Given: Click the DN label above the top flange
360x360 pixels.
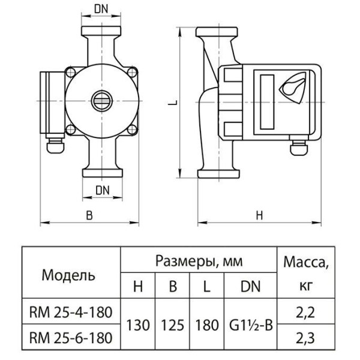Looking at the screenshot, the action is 101,9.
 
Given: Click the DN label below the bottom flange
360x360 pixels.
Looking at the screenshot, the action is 103,190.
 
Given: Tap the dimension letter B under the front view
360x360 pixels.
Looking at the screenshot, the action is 89,215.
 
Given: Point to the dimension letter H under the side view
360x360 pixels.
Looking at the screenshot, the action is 259,215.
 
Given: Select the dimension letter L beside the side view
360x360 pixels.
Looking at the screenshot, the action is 173,103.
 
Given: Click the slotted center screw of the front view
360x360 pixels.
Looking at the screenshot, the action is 102,101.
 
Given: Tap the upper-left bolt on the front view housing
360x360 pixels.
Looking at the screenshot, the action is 70,73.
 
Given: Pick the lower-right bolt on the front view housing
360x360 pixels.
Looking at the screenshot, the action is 132,130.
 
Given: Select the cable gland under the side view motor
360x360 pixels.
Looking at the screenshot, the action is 298,146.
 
